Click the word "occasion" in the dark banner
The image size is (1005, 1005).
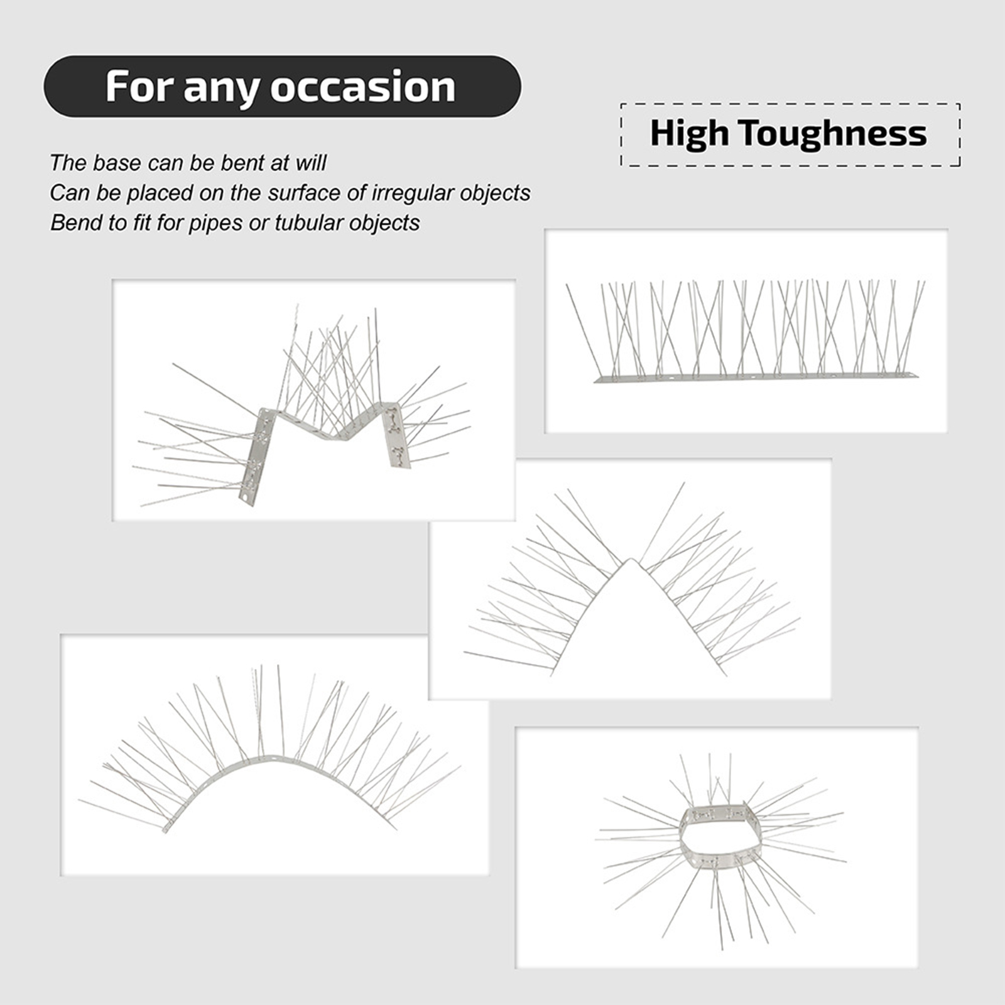pos(363,87)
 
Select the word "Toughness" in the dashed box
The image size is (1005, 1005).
pos(832,134)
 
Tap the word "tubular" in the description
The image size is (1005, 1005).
pos(308,223)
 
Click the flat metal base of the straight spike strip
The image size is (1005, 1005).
pos(756,378)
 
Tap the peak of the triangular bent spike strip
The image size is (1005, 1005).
pos(633,561)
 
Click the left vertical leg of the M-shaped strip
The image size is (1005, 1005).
pos(258,455)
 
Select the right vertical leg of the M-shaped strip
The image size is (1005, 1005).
pos(396,435)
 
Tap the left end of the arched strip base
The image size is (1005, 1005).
pos(166,829)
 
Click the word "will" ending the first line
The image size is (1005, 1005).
pos(312,163)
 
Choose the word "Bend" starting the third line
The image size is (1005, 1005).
pos(72,223)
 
